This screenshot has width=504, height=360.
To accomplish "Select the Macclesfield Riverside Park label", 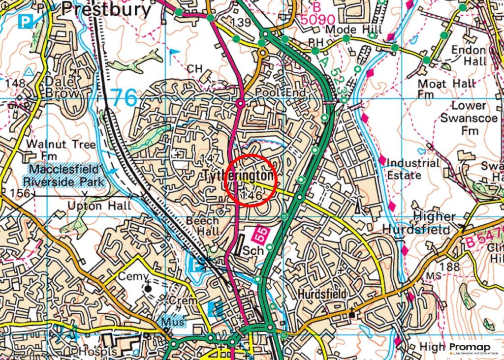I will point(66,176).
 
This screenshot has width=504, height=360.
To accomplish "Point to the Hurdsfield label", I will point(322,294).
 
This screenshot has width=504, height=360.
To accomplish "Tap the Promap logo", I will point(472,348).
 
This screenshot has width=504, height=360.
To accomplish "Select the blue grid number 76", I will point(123,98).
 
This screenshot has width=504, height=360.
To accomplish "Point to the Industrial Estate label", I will point(412,169).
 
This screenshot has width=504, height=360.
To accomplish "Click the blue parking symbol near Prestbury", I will point(24,21).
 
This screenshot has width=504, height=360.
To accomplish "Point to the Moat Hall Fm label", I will point(446,89).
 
